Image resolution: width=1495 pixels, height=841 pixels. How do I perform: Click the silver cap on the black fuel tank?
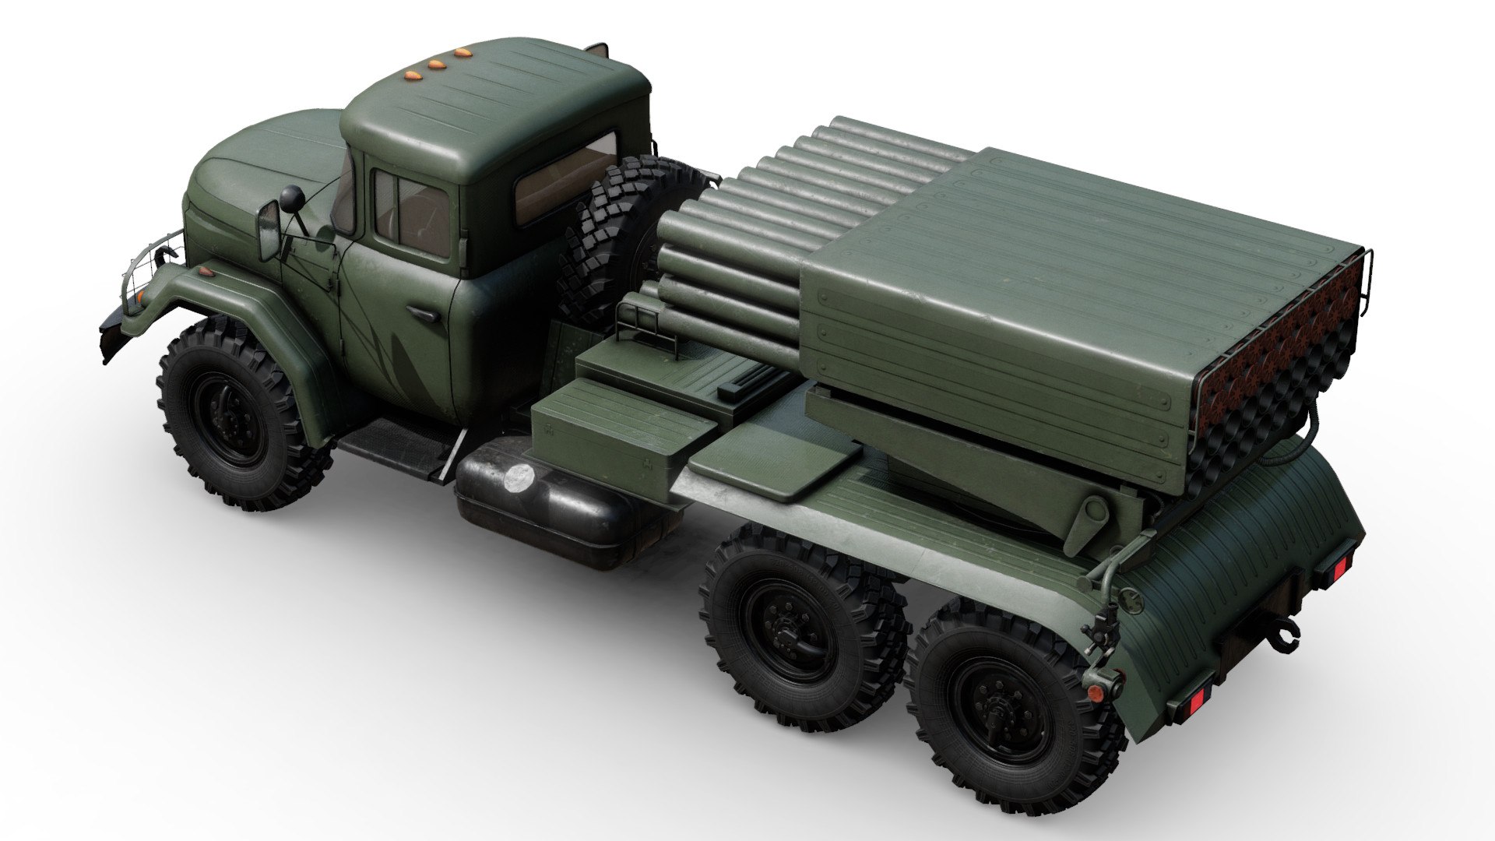tap(516, 477)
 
